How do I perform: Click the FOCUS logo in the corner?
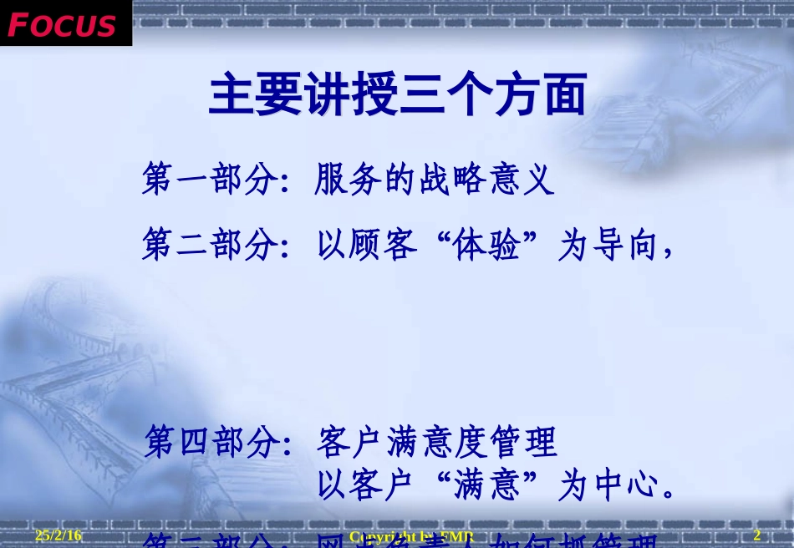(x=63, y=23)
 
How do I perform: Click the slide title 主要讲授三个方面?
(x=398, y=94)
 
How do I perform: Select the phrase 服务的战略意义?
(x=435, y=180)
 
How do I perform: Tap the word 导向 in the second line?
(x=623, y=246)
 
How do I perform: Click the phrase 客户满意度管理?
(x=436, y=442)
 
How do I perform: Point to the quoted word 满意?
(x=488, y=485)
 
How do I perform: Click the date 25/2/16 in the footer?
(x=59, y=535)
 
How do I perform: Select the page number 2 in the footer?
(x=757, y=535)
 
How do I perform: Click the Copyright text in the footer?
(x=410, y=535)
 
